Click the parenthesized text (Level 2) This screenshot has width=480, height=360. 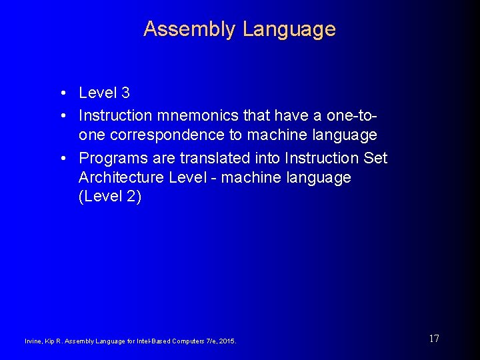pos(110,198)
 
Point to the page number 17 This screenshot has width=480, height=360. pos(434,339)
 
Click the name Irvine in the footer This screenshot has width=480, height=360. pos(33,341)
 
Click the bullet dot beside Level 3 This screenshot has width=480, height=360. pos(61,93)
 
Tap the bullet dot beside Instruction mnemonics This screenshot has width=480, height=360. pos(61,115)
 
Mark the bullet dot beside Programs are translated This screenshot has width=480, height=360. pos(61,158)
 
